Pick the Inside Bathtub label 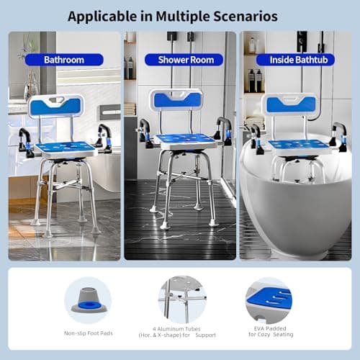298,60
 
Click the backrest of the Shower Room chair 176,100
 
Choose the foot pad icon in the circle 88,300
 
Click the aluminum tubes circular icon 181,300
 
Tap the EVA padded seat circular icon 268,300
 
